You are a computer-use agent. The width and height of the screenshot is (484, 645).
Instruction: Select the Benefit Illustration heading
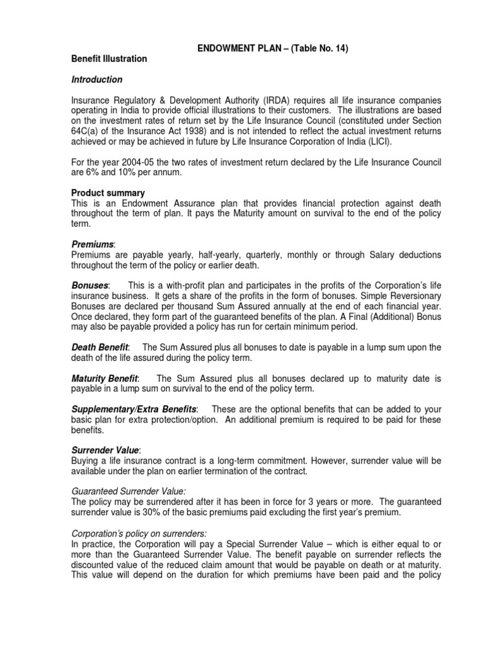(109, 59)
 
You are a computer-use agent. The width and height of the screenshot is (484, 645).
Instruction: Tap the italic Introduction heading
(97, 80)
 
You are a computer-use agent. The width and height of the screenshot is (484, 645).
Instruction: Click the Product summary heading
(108, 193)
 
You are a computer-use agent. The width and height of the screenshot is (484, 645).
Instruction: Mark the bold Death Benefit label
(100, 347)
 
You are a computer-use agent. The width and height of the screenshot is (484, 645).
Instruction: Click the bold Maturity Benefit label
(104, 378)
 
